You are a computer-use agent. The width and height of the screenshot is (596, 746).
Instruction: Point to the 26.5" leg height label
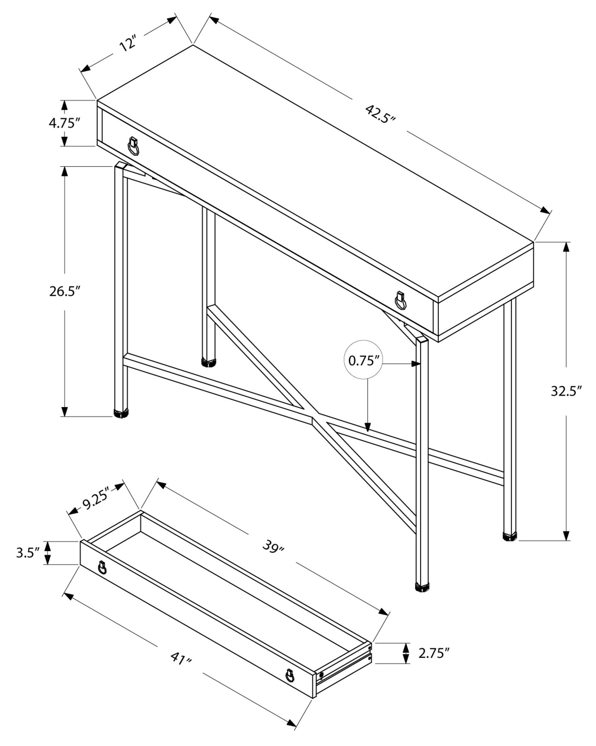[x=65, y=291]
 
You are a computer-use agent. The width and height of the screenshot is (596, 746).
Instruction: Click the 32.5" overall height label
[x=566, y=391]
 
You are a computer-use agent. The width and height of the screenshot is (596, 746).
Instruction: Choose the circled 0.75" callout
[x=363, y=361]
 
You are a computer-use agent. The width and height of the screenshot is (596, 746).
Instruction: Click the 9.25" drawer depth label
[x=96, y=503]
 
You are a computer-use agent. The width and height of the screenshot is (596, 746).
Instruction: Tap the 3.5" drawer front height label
[x=28, y=552]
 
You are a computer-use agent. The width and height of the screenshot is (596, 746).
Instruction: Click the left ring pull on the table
[x=133, y=146]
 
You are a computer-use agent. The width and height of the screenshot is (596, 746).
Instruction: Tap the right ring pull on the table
[x=400, y=300]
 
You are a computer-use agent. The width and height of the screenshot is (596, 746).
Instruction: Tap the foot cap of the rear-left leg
[x=209, y=363]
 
